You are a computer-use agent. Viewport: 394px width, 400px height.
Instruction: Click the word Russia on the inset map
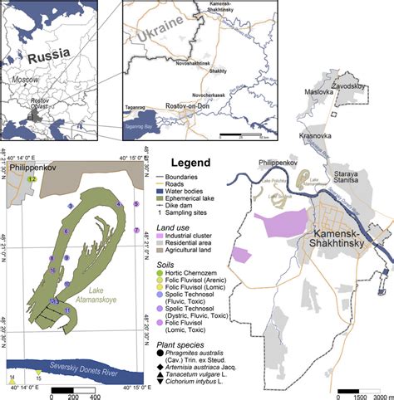(52, 59)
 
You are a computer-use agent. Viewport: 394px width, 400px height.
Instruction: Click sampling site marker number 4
(71, 205)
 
